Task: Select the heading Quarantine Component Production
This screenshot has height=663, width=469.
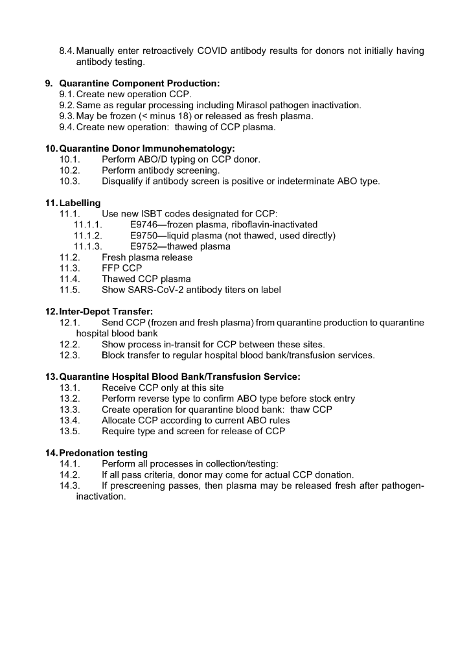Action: coord(139,84)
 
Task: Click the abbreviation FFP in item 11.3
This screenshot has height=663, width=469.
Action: coord(111,268)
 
